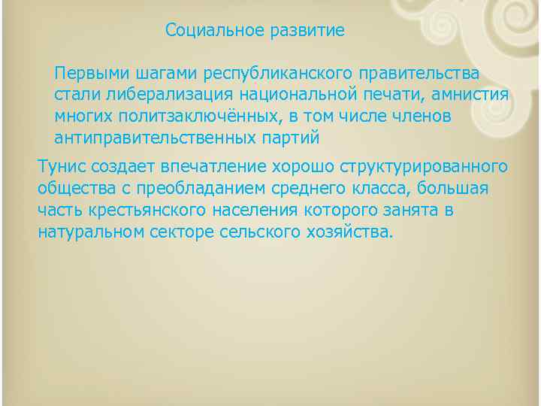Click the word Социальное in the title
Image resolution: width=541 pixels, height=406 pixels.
tap(210, 31)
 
